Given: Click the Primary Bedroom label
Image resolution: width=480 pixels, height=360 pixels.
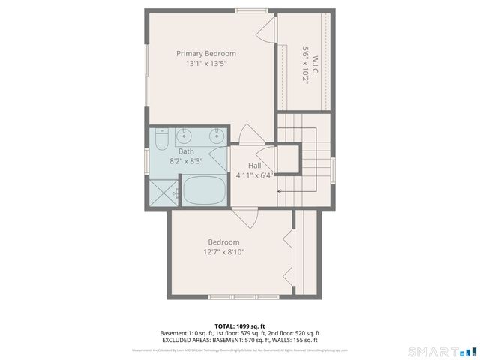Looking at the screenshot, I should (206, 53).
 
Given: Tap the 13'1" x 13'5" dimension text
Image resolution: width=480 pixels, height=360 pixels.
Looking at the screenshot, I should (201, 64).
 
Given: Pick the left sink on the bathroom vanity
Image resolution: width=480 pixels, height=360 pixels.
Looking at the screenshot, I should (186, 136).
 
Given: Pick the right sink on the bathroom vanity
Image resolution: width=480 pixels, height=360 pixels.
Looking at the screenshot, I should (216, 136).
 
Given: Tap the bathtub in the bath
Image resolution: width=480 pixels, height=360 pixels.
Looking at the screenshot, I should (204, 190).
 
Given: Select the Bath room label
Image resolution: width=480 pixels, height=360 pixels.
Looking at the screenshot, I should (185, 151).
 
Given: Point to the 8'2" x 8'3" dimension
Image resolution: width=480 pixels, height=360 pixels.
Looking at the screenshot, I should (185, 161).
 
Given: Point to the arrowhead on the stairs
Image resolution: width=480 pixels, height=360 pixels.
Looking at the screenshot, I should (280, 191).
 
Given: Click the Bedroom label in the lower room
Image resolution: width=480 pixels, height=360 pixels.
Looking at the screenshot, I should (223, 241).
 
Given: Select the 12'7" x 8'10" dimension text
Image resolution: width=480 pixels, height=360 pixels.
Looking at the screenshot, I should (223, 252).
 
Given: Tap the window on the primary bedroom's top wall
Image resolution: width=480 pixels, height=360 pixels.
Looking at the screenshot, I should (250, 10).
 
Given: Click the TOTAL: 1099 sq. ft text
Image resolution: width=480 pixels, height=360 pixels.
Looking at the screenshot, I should (240, 326).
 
